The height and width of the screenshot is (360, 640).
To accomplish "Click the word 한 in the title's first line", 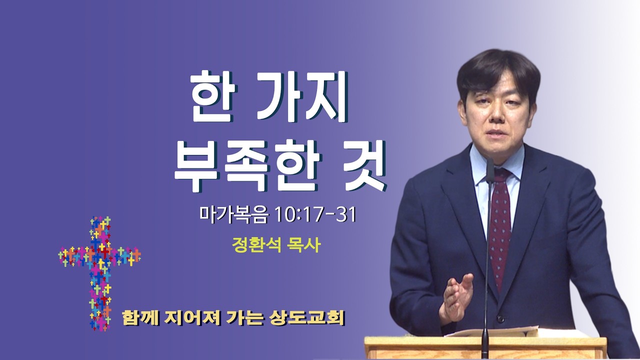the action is coord(213,99).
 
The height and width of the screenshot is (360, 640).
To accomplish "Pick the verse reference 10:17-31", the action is coord(315,214).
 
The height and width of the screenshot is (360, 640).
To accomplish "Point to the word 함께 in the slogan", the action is coord(140,317).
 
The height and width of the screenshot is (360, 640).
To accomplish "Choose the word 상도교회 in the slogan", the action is coord(306,317).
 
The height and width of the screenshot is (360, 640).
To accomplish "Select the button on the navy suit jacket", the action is coord(499,318).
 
